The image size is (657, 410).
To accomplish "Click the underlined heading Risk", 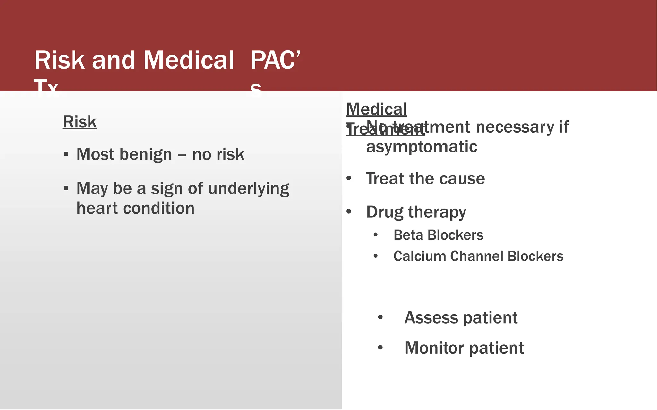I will pyautogui.click(x=80, y=122).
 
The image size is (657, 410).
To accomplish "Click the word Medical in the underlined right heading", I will pyautogui.click(x=376, y=110).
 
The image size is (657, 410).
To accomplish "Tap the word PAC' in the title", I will pyautogui.click(x=275, y=60).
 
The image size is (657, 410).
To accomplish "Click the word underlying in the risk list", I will pyautogui.click(x=249, y=189).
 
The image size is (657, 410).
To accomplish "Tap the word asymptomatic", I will pyautogui.click(x=422, y=147).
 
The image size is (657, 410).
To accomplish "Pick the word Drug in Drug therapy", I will pyautogui.click(x=384, y=212).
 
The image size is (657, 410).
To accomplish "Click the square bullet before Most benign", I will pyautogui.click(x=66, y=154).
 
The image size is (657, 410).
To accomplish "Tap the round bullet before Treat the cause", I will pyautogui.click(x=349, y=178).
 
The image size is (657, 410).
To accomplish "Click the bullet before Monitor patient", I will pyautogui.click(x=380, y=348).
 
